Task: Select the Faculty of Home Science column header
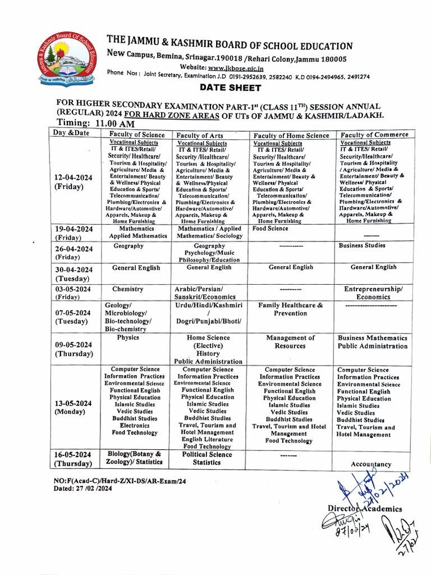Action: (x=291, y=135)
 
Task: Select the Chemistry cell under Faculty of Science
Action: (x=128, y=289)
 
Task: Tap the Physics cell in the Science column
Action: (x=128, y=338)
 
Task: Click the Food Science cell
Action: (x=270, y=229)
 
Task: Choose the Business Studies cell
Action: (x=362, y=245)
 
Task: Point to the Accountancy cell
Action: (x=371, y=464)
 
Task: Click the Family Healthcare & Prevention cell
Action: (x=290, y=309)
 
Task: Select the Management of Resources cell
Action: (x=290, y=342)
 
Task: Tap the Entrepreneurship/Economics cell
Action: (x=373, y=293)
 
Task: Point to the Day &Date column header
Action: (x=71, y=133)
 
